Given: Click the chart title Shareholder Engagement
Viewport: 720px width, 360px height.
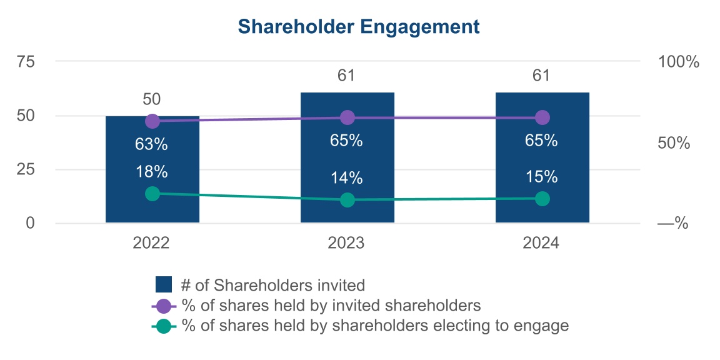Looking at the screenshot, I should [359, 27].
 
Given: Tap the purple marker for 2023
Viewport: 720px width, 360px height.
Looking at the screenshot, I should [347, 117].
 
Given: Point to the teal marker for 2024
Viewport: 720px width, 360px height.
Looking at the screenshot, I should [542, 199].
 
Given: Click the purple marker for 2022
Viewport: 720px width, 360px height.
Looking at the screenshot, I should [152, 121].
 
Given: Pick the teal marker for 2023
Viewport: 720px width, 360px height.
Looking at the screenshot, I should [347, 200].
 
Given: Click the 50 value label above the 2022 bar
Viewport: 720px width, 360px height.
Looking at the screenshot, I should [152, 99].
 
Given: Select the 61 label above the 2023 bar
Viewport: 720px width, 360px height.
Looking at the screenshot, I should [347, 76].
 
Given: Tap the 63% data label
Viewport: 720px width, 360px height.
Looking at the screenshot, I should [152, 144].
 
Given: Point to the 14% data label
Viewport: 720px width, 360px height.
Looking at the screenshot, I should [347, 177].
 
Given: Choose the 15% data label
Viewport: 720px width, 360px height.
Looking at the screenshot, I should [542, 176].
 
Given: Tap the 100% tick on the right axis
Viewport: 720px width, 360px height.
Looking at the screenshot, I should [678, 62].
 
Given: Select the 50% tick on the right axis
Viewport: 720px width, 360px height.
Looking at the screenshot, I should [674, 143].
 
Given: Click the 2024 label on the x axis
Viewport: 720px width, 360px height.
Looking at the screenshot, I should [541, 243].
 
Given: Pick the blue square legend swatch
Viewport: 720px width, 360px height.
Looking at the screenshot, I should [163, 285].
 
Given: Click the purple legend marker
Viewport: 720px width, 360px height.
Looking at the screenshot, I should [163, 306].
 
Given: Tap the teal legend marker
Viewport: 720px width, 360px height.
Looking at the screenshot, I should [163, 326].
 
